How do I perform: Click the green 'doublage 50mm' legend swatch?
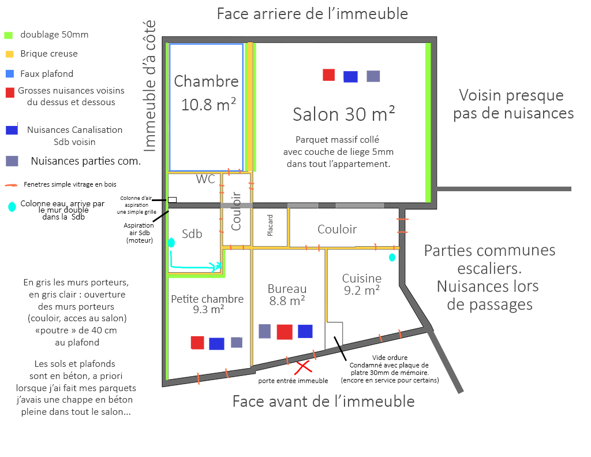tap(8, 35)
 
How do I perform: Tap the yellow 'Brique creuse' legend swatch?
tap(9, 54)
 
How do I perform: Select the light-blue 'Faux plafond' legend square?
tap(9, 74)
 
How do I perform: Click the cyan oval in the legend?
tap(12, 206)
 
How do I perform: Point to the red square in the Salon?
tap(328, 75)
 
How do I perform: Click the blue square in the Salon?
tap(350, 76)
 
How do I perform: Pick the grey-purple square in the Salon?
tap(373, 76)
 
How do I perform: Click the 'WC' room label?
tap(205, 179)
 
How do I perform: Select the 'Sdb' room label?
tap(192, 233)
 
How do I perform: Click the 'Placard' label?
tap(270, 225)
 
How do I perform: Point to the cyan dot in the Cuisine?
tap(392, 257)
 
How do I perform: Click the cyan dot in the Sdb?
tap(171, 243)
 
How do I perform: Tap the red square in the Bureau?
tap(285, 332)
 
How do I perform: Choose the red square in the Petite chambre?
tap(197, 343)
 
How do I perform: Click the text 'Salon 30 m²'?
tap(344, 114)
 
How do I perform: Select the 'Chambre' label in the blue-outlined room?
tap(206, 81)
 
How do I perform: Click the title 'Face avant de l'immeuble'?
tap(323, 401)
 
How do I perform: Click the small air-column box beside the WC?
tap(172, 200)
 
